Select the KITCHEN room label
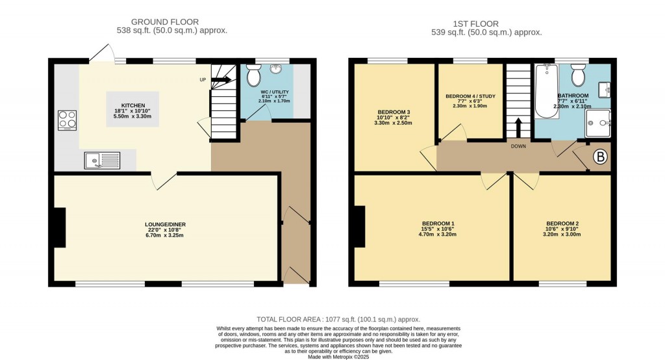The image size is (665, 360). [x=132, y=105]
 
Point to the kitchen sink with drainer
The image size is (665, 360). [x=101, y=160]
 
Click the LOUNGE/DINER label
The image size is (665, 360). [x=165, y=225]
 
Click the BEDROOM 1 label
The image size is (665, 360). [x=438, y=224]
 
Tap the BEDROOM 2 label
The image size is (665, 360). [x=562, y=224]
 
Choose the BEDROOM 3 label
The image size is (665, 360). [x=394, y=112]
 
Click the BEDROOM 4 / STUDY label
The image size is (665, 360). [x=470, y=96]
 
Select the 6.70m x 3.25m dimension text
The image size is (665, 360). [x=165, y=235]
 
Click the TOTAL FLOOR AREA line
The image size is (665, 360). [x=338, y=319]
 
